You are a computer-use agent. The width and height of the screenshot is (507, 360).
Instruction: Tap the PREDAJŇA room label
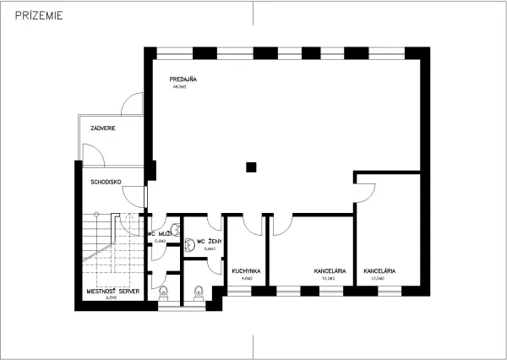[x=183, y=79]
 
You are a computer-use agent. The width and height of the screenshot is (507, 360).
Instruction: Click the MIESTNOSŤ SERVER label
[x=112, y=291]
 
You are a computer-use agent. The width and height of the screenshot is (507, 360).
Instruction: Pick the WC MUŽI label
[x=160, y=233]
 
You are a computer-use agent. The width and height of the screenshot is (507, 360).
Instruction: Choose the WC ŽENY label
[x=209, y=242]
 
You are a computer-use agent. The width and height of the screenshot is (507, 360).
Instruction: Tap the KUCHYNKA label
[x=246, y=271]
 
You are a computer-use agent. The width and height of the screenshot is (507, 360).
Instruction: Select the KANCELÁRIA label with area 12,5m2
[x=379, y=271]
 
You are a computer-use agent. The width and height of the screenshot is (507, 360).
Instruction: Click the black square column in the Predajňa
[x=251, y=166]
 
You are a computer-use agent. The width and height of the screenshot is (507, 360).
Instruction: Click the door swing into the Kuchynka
[x=251, y=224]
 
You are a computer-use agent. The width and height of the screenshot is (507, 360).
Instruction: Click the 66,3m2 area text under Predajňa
[x=178, y=86]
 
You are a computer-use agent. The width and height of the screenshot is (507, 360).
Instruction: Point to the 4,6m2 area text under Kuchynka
[x=248, y=278]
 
